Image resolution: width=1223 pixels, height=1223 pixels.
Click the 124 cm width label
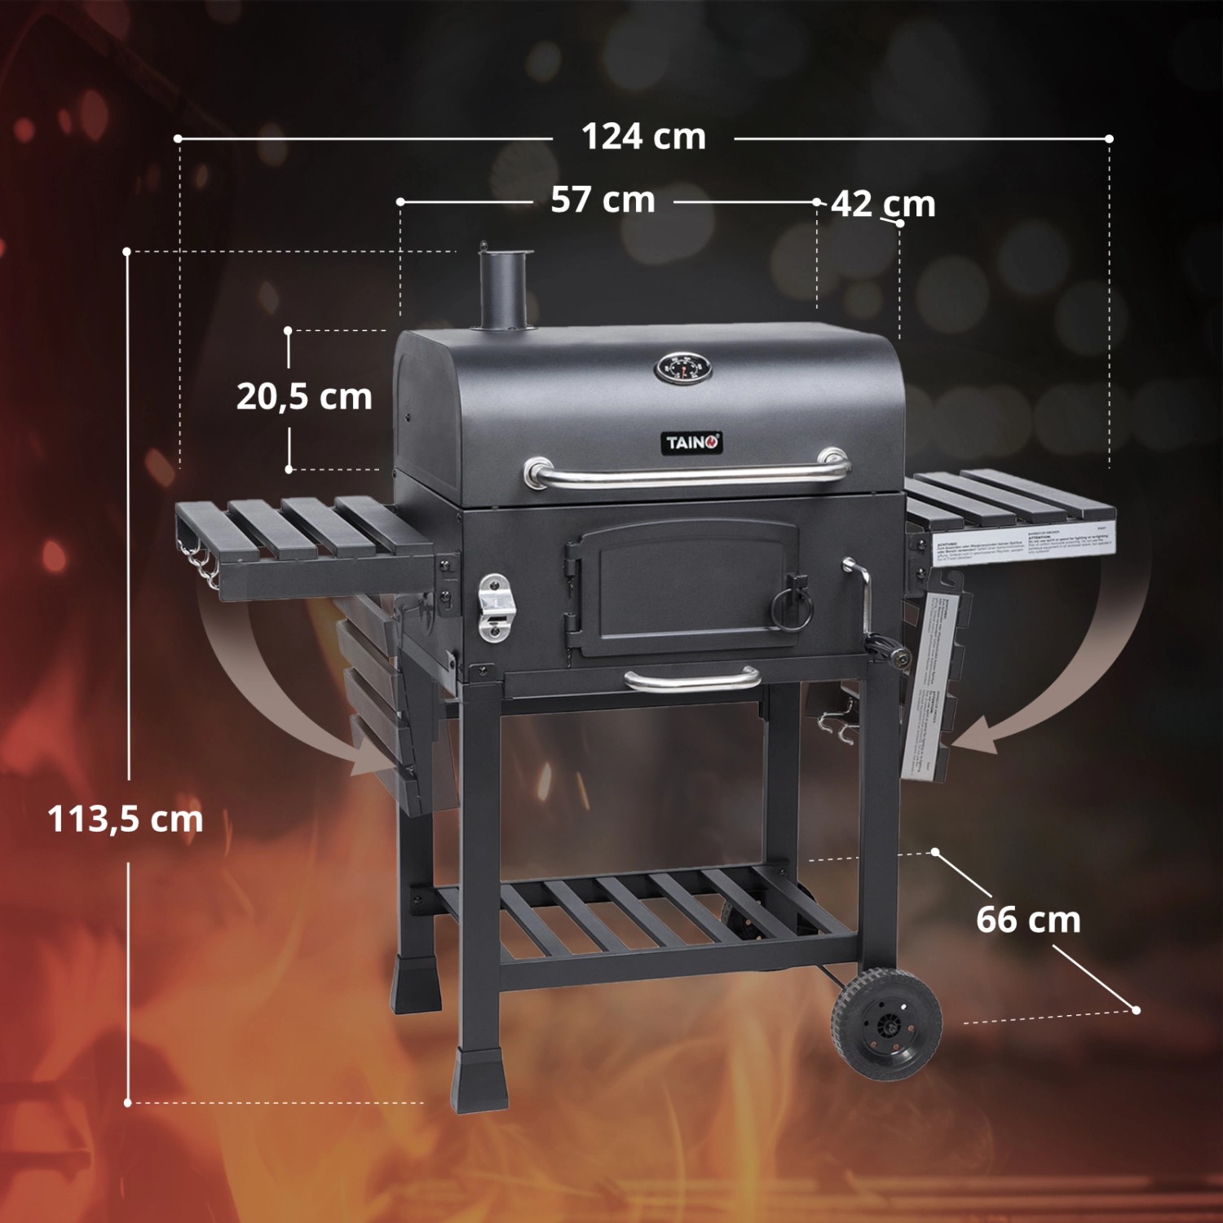(x=643, y=137)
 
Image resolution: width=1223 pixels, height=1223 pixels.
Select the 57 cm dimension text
(x=603, y=200)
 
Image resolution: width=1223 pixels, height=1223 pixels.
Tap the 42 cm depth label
(x=882, y=204)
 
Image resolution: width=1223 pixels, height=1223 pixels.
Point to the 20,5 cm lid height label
(x=304, y=397)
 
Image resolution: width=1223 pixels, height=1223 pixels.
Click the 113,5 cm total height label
(x=125, y=819)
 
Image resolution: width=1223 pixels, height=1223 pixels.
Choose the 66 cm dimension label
(x=1028, y=920)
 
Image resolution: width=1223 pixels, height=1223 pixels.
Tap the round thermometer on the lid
(x=682, y=369)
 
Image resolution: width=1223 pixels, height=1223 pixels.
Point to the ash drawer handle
(x=692, y=679)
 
